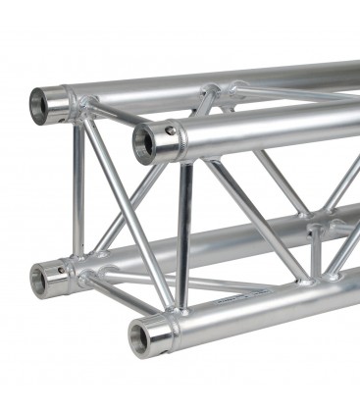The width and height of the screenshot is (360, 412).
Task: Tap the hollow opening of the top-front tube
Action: click(x=147, y=142)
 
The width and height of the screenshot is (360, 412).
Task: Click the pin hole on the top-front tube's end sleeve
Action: click(x=171, y=130)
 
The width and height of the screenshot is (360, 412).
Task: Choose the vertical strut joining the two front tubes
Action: click(x=183, y=235)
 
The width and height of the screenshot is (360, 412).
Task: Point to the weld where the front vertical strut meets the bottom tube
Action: click(x=182, y=308)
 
